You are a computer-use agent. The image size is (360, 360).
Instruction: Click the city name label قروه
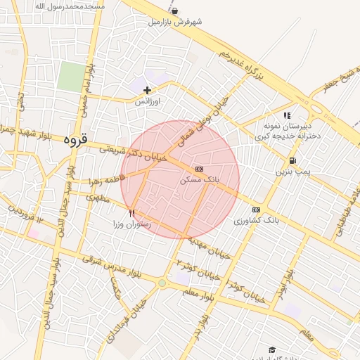click(75, 139)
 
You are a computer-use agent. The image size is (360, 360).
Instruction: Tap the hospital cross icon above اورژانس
click(147, 90)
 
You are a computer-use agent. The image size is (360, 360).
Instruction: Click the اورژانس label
click(148, 101)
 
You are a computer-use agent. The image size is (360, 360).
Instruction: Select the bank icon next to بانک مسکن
click(199, 169)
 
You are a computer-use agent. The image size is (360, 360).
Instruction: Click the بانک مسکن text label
click(200, 180)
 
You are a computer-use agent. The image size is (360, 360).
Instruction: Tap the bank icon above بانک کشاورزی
click(256, 210)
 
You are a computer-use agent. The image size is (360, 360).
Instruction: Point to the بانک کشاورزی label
click(257, 221)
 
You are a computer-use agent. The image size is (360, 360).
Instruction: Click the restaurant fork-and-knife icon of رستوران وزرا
click(132, 212)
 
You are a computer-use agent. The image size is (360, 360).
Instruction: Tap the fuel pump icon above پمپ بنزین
click(292, 160)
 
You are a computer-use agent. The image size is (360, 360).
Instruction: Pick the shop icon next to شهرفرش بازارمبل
click(174, 11)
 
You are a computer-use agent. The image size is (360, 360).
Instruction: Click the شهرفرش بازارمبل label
click(175, 22)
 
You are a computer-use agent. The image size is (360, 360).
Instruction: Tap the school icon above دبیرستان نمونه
click(287, 115)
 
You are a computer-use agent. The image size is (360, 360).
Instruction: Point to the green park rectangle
click(70, 76)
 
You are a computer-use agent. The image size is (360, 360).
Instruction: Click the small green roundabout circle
click(162, 283)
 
